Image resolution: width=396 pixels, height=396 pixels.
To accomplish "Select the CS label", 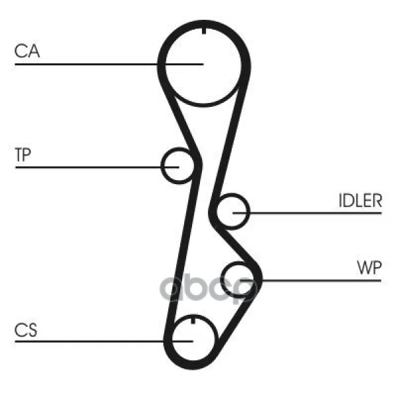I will tap(26, 330).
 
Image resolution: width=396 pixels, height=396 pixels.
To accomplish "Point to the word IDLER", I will tap(360, 201).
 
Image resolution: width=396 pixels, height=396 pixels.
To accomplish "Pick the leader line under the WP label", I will tap(323, 280).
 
